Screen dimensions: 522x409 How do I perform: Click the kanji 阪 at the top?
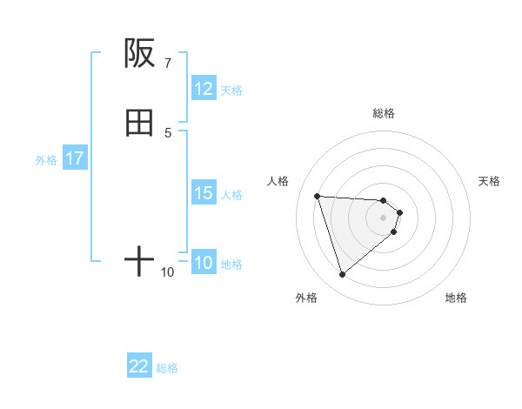tap(139, 54)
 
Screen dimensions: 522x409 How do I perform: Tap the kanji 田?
tap(139, 124)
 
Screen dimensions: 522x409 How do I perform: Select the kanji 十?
tap(139, 260)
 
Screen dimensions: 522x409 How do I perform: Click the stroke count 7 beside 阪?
tap(167, 64)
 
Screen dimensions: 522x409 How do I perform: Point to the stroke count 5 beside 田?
tap(168, 132)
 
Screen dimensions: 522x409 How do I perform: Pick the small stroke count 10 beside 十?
tap(167, 272)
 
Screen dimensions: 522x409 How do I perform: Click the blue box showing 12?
tap(204, 89)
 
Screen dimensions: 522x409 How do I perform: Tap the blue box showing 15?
tap(204, 193)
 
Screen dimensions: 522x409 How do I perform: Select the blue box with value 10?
tap(204, 263)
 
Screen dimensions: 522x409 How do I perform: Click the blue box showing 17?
tap(75, 158)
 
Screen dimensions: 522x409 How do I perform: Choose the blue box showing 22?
tap(139, 366)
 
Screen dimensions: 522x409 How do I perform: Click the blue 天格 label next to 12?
tap(231, 90)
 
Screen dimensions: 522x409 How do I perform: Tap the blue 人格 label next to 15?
tap(231, 194)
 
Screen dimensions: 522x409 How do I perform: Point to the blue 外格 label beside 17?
tap(46, 159)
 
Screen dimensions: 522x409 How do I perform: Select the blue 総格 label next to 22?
tap(167, 367)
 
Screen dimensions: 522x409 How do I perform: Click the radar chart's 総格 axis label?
tap(384, 113)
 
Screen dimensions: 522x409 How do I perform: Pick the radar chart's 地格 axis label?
tap(456, 298)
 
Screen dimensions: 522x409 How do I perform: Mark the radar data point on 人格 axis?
tap(318, 196)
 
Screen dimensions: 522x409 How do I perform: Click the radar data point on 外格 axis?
tap(343, 275)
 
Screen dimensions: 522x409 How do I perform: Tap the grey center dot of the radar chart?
tap(384, 218)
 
